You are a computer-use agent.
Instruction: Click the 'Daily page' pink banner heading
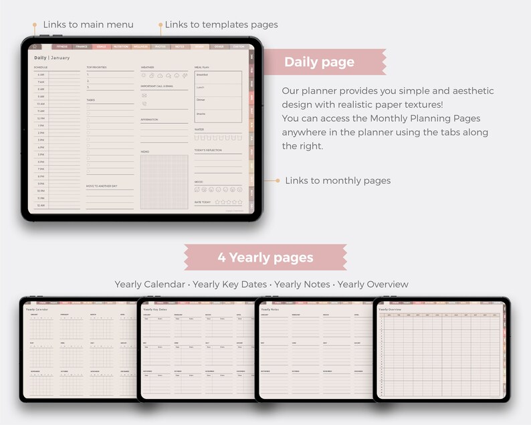[319, 62]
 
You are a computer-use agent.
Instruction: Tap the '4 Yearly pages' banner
[265, 257]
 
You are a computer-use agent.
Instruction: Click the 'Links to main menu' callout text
[88, 25]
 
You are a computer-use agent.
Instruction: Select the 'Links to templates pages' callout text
[221, 25]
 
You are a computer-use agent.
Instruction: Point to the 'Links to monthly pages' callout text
[338, 181]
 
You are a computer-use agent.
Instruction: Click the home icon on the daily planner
[36, 47]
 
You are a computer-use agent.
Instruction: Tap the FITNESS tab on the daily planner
[62, 47]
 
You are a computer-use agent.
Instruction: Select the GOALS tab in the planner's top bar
[101, 47]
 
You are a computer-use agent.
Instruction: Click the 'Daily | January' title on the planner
[52, 58]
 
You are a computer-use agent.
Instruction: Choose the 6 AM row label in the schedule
[41, 75]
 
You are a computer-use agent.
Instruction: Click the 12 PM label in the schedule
[41, 118]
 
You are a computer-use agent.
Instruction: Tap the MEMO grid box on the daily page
[165, 181]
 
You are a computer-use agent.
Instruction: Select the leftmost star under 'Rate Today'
[217, 201]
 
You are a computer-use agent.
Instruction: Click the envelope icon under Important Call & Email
[144, 96]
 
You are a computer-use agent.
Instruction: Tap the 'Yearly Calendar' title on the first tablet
[37, 310]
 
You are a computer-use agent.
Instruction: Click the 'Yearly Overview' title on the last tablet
[390, 310]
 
